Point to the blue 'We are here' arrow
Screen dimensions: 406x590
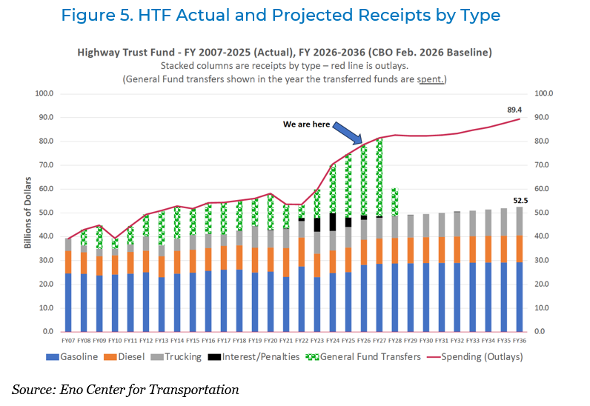347,136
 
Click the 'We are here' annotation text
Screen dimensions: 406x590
306,124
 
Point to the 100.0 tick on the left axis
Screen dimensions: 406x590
51,93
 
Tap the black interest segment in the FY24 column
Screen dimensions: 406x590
332,222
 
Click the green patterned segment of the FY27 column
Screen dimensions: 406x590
379,178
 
